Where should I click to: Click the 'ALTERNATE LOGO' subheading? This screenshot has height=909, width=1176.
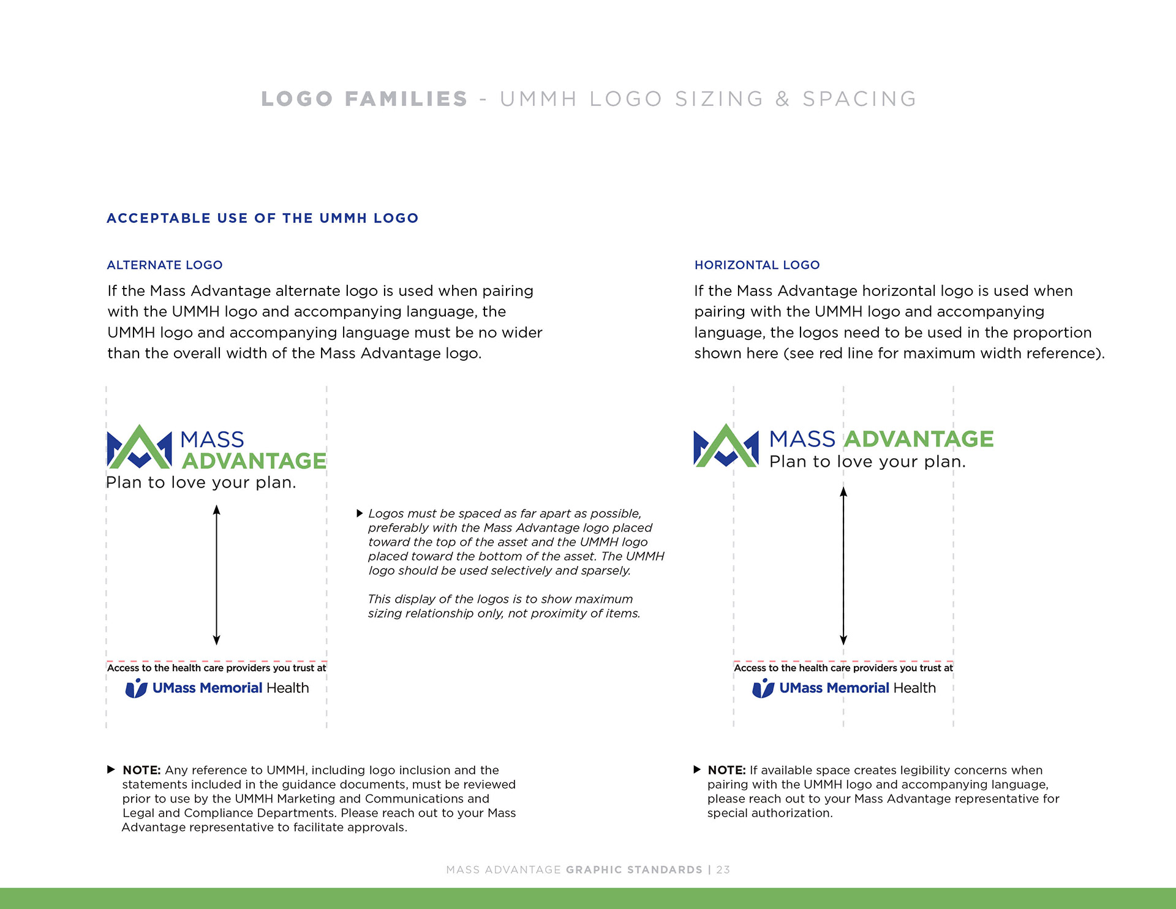click(x=164, y=265)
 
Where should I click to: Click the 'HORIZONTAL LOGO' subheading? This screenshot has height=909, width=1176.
click(x=756, y=265)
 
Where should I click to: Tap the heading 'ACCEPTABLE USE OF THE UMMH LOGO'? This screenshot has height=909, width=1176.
click(x=262, y=219)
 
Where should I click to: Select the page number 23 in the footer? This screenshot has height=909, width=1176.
click(x=723, y=870)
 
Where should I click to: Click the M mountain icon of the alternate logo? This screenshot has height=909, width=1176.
click(x=140, y=447)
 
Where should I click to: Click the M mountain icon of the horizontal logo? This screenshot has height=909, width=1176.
click(x=726, y=446)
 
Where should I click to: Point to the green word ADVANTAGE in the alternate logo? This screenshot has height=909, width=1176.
click(x=254, y=461)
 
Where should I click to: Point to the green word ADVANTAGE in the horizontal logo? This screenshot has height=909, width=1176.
click(x=919, y=439)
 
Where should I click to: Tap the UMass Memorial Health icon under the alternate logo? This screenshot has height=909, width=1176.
click(x=137, y=688)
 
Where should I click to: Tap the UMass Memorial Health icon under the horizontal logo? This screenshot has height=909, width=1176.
click(x=763, y=688)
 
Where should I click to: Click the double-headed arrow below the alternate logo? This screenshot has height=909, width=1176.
click(x=216, y=575)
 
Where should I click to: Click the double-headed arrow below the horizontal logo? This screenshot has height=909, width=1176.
click(x=843, y=566)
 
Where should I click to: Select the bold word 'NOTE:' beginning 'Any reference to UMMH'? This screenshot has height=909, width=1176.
click(x=141, y=771)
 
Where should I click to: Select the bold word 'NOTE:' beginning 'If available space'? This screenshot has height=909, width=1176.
click(x=726, y=771)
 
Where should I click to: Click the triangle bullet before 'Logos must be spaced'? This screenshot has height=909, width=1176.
click(x=360, y=513)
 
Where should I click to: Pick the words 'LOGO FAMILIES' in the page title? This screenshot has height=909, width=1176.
click(x=364, y=99)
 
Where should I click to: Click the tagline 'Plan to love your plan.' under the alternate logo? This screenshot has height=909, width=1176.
click(x=201, y=483)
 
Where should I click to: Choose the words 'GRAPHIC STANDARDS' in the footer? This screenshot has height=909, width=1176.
click(x=634, y=870)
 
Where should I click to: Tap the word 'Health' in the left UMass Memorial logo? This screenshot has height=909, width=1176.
click(x=287, y=688)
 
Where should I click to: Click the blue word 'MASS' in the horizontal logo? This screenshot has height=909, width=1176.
click(x=802, y=439)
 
